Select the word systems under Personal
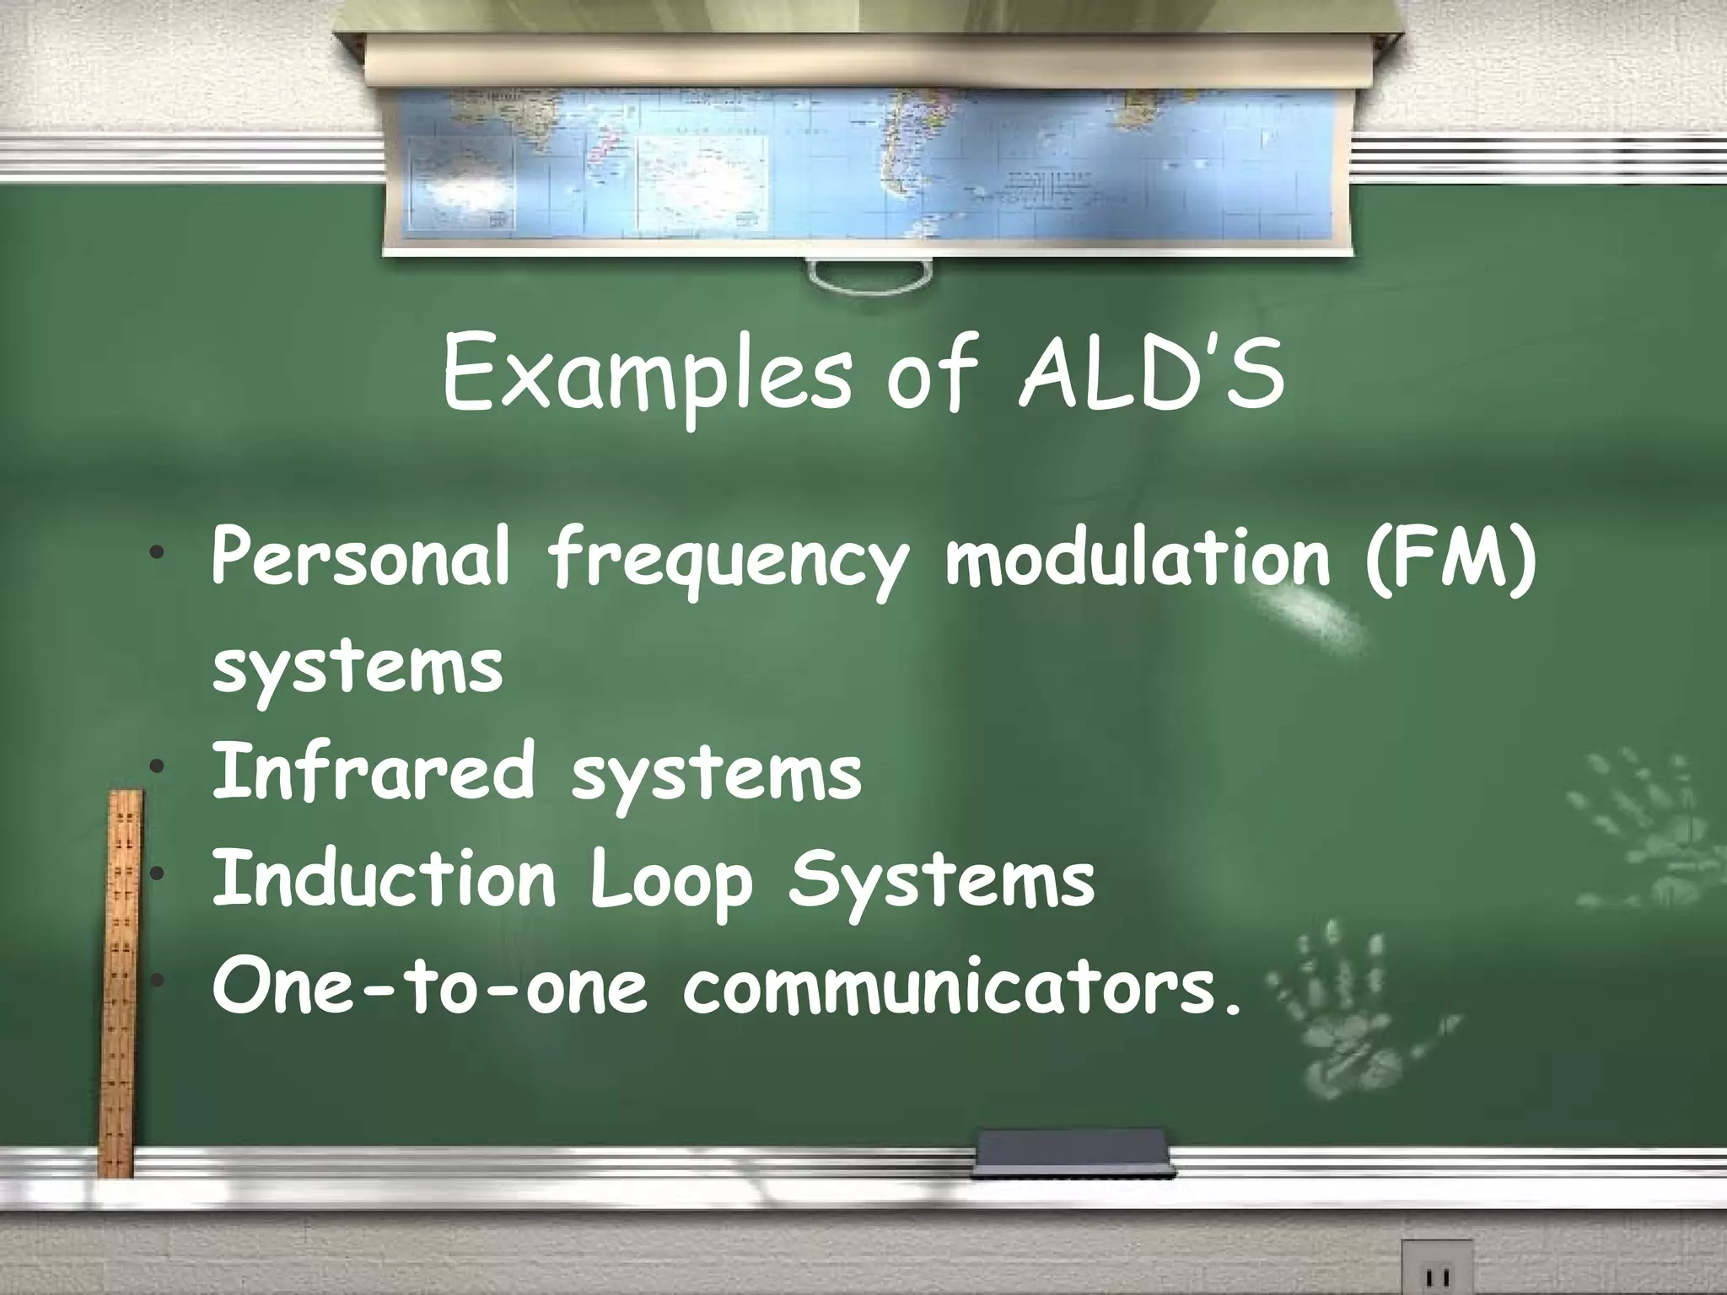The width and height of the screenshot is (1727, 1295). point(358,666)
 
